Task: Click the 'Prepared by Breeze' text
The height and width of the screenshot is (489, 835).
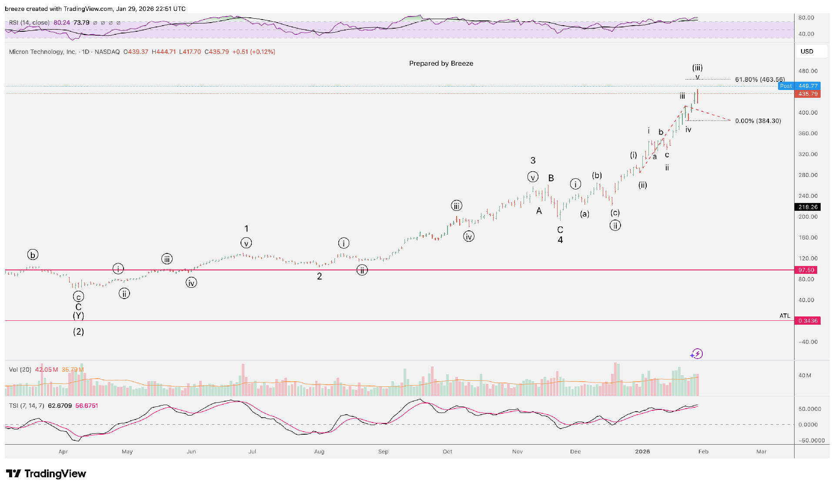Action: [441, 63]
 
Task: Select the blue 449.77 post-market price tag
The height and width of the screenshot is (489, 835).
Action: [808, 86]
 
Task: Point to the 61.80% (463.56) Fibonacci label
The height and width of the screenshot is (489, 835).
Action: [760, 80]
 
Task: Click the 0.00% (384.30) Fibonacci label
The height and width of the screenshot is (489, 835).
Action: [758, 121]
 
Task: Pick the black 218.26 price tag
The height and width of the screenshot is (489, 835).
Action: [808, 207]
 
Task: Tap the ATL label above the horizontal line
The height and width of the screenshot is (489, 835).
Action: [785, 316]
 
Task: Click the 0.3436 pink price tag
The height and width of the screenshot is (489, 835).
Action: [808, 321]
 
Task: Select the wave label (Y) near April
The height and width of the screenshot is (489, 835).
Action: [78, 316]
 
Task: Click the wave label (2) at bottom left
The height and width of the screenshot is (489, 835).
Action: [78, 332]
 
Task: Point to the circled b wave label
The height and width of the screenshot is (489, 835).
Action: [33, 255]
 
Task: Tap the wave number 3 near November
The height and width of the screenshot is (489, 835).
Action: [533, 160]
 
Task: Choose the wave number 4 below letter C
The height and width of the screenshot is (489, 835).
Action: [560, 240]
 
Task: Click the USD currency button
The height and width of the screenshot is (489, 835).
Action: [807, 51]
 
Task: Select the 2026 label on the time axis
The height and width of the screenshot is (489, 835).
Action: [642, 452]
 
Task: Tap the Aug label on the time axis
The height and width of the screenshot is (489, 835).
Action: [319, 452]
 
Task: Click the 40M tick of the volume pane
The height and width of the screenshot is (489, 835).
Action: [805, 376]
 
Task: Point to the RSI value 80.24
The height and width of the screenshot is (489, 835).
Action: [62, 23]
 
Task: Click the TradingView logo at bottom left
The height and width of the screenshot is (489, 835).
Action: [46, 473]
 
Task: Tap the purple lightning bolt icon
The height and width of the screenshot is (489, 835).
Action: [697, 354]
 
